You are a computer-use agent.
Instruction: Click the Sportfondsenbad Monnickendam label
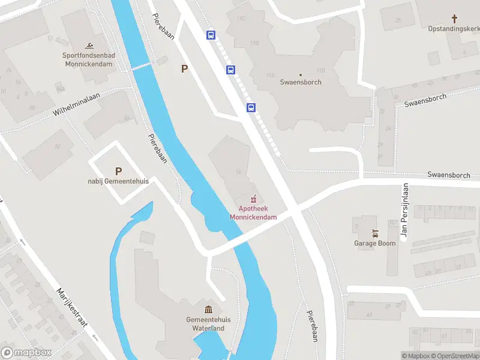89,59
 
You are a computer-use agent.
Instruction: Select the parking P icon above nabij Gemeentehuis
118,171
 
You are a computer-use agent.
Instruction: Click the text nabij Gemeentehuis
118,181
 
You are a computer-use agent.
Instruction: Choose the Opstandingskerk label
454,28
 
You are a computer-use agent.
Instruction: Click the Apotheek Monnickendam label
253,212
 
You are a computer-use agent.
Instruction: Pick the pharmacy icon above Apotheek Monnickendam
254,197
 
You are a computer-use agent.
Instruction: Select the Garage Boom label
374,243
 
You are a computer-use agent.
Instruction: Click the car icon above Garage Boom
375,233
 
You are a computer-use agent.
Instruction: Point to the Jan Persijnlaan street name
404,211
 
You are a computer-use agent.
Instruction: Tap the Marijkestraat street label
72,308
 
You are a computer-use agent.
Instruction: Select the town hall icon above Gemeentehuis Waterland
208,310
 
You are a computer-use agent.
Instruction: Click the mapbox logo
26,353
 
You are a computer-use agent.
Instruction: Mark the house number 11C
241,19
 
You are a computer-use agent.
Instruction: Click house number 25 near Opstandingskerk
398,20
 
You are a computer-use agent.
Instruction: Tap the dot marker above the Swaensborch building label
301,74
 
